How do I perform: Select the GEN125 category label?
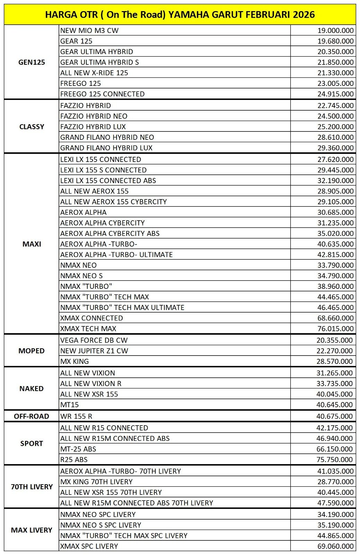(32, 62)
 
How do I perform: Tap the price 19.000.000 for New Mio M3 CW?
(335, 31)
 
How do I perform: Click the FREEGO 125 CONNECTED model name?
(102, 94)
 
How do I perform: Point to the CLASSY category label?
(32, 127)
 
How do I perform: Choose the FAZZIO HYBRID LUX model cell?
(93, 127)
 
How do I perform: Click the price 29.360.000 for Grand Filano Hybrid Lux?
(335, 148)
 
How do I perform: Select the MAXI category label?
(32, 244)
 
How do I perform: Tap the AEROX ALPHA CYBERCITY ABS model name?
(110, 233)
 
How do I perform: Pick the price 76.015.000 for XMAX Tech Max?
(335, 328)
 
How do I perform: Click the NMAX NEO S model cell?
(82, 276)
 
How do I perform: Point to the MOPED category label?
(32, 351)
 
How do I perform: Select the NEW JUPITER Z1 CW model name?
(94, 351)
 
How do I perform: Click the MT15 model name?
(70, 404)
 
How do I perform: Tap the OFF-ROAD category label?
(32, 416)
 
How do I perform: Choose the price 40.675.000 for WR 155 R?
(335, 416)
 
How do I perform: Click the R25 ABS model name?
(74, 460)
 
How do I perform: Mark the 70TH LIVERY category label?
(32, 487)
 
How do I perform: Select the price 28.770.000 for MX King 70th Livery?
(335, 482)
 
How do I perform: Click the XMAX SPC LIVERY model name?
(89, 546)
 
